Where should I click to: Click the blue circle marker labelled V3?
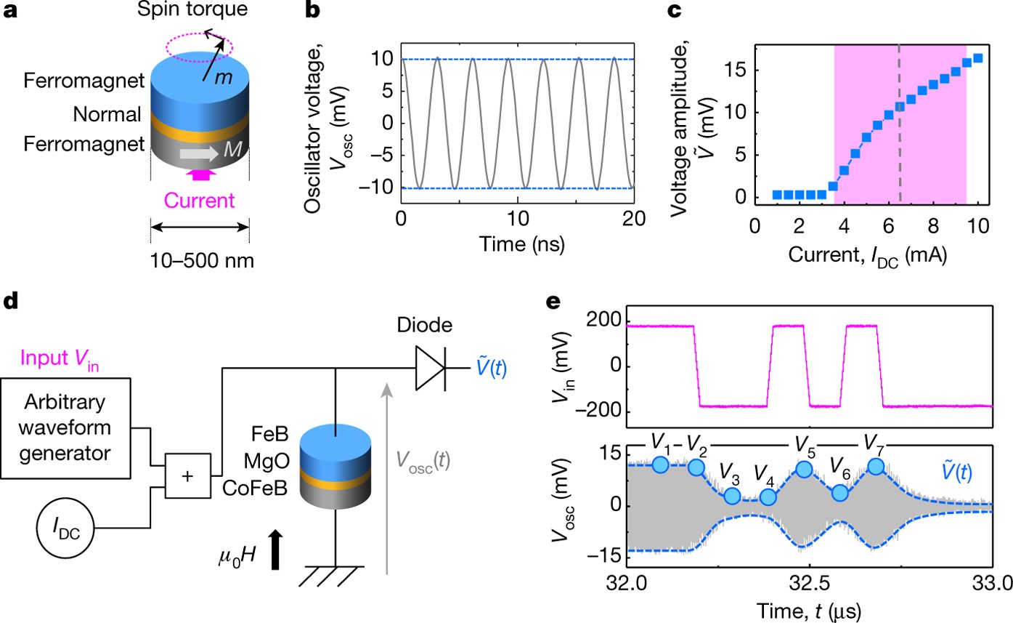point(732,496)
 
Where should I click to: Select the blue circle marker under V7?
point(876,466)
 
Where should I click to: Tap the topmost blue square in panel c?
point(977,58)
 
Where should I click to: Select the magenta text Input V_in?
point(62,358)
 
